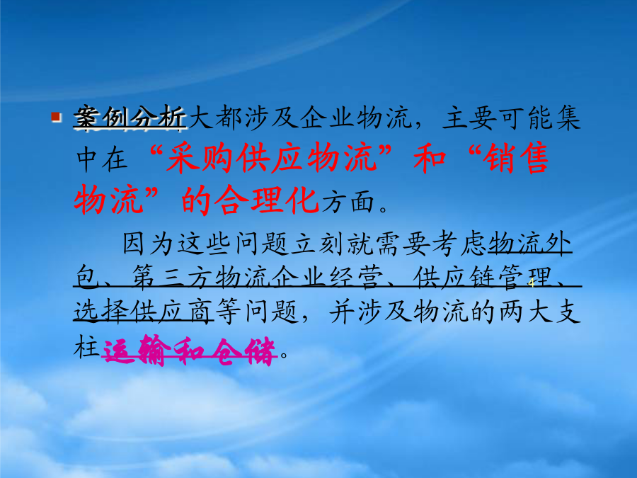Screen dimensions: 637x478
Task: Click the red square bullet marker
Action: point(56,118)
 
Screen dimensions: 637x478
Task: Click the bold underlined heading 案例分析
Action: point(130,118)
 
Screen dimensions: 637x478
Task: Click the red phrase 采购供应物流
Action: point(271,158)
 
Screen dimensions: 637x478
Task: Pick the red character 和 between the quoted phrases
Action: point(430,158)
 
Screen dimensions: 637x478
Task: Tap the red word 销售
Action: point(516,158)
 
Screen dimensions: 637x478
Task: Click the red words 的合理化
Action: point(249,200)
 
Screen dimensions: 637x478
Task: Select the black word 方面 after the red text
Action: point(348,201)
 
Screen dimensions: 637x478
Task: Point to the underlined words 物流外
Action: point(529,244)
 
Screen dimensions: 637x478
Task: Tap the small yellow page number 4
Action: point(532,283)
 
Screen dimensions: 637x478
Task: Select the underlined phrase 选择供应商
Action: point(143,312)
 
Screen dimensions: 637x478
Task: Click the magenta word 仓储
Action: point(245,351)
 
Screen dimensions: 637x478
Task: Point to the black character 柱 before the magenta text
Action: point(86,348)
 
